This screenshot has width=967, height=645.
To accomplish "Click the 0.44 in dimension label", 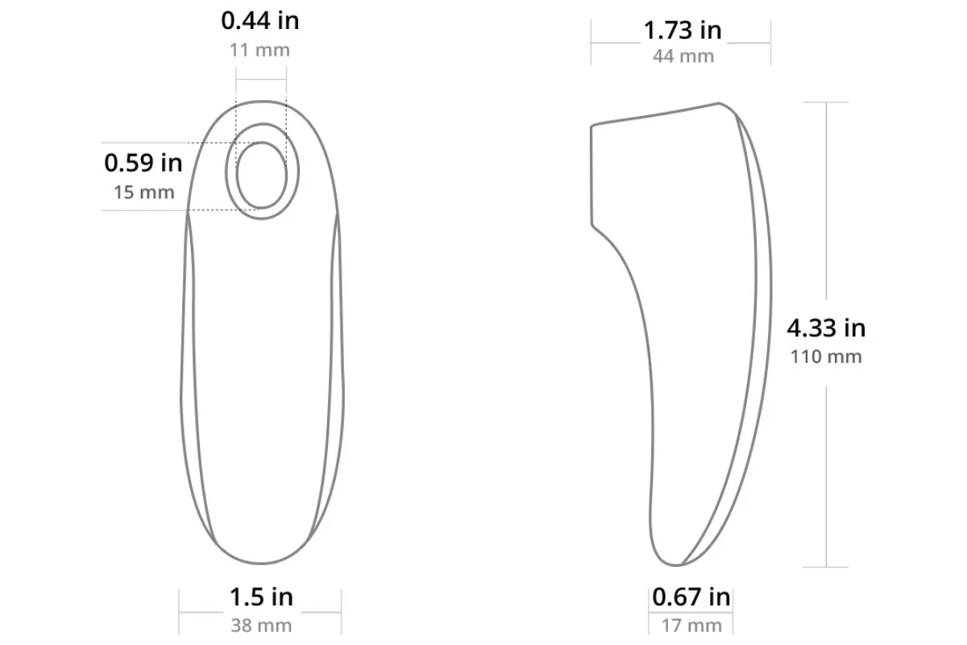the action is (x=259, y=21).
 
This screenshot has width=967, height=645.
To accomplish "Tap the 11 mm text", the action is (x=259, y=50).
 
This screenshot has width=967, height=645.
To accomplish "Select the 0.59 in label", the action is (x=143, y=163).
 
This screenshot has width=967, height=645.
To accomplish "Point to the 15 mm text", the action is (x=143, y=192).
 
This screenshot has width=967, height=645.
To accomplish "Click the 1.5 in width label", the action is (x=261, y=597).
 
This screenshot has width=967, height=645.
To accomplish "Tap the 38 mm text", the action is (x=261, y=626).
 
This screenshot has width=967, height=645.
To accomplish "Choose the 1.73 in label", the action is (x=683, y=31).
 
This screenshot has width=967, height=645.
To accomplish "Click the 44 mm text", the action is (x=683, y=56).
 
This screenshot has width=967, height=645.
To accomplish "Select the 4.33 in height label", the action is (x=826, y=328).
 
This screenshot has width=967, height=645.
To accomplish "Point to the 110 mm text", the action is (x=826, y=357).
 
